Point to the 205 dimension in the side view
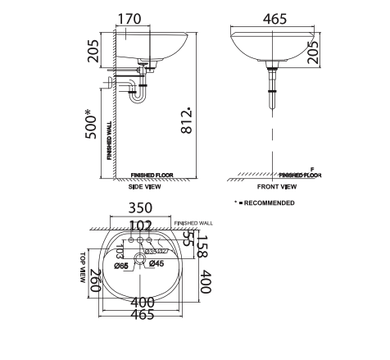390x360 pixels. coord(93,55)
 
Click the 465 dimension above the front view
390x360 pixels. coord(275,19)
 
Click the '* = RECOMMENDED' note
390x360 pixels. coord(265,203)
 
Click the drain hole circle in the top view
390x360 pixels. coord(139,261)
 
